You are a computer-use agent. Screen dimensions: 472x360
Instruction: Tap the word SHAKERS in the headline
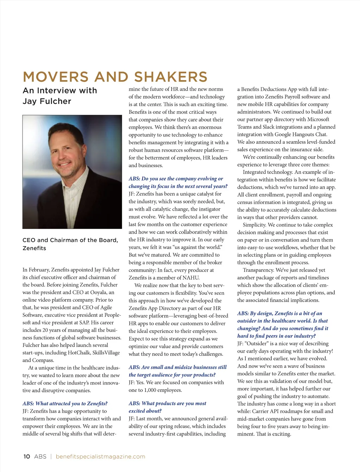[x=171, y=77]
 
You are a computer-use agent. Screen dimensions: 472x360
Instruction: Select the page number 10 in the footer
[x=27, y=457]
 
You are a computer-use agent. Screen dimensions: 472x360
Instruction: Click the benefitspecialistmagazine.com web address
[x=100, y=457]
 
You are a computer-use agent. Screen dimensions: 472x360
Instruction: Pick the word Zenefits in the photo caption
[x=34, y=248]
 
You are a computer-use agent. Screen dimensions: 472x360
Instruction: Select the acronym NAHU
[x=190, y=277]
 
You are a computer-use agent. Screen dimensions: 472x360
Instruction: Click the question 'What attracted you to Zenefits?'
[x=65, y=404]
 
